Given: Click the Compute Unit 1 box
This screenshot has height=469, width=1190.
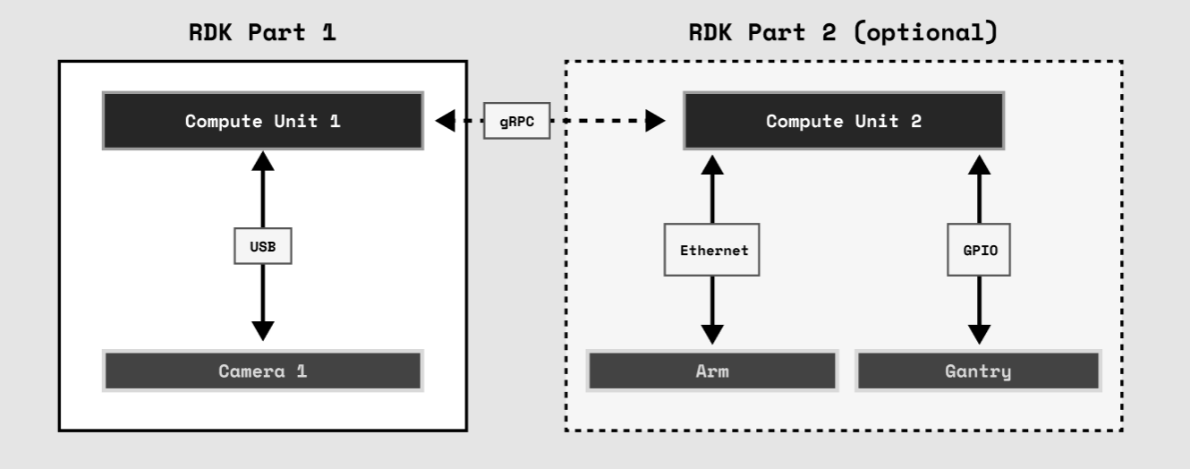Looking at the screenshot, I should point(262,121).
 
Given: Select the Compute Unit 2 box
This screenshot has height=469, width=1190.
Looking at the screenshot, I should point(844,121).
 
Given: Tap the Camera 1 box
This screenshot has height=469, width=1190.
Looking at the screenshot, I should point(262,371).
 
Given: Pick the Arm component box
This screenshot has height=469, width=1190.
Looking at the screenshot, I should point(711,371).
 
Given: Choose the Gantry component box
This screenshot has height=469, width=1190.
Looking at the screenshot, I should point(978,371).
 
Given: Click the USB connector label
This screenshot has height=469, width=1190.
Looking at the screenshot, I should point(262,245).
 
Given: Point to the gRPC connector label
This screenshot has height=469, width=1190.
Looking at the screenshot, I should point(516,121).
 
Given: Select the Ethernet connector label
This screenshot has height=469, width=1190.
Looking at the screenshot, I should point(712,251).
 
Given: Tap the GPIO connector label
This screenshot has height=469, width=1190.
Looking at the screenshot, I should point(979,251).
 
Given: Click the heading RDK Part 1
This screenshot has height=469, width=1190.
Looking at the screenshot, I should point(263,33).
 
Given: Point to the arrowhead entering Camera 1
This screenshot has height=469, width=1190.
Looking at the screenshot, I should point(262,330).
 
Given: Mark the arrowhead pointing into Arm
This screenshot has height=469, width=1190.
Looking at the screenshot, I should point(712,334).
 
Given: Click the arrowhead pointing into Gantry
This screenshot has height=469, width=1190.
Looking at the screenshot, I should point(980,334).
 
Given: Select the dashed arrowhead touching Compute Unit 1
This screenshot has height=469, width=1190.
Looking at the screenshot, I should point(445,121).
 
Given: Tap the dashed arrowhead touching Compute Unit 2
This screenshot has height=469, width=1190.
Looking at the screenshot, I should point(656,121).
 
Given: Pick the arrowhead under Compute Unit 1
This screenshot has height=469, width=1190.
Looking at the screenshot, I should point(262,162).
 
